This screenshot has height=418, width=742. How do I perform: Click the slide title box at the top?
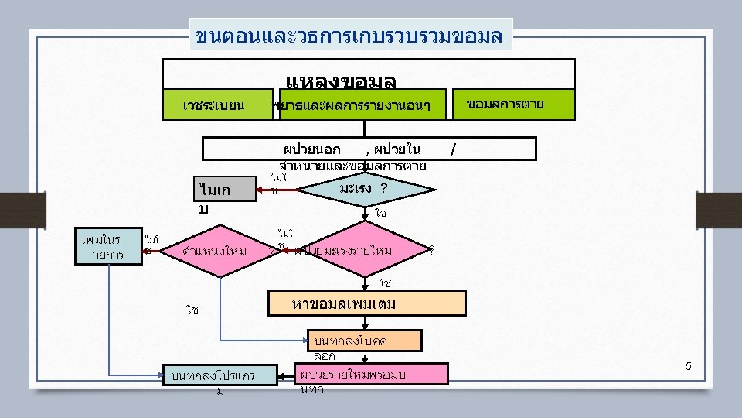pyautogui.click(x=351, y=35)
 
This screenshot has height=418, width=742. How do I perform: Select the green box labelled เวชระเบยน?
pyautogui.click(x=214, y=104)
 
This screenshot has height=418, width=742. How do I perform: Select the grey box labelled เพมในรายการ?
pyautogui.click(x=108, y=245)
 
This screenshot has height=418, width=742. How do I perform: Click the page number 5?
pyautogui.click(x=689, y=365)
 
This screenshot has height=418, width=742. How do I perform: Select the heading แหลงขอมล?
pyautogui.click(x=340, y=80)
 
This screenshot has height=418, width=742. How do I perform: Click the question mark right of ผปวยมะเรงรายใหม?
pyautogui.click(x=431, y=250)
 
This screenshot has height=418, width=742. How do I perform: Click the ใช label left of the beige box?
pyautogui.click(x=192, y=310)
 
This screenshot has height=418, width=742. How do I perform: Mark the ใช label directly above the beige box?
pyautogui.click(x=385, y=284)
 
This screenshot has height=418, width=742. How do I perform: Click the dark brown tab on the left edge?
pyautogui.click(x=14, y=208)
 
